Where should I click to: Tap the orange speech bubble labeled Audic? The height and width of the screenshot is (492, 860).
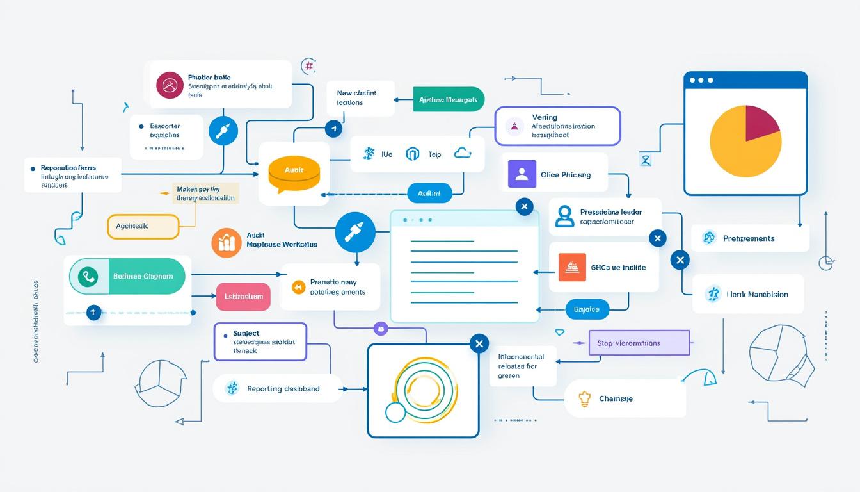(294, 172)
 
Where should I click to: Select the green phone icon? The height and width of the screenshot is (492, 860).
(88, 277)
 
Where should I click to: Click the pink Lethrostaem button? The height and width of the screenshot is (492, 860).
(243, 297)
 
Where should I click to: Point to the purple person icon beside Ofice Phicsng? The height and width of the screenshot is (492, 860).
(522, 174)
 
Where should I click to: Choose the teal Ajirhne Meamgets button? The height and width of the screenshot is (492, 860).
(449, 99)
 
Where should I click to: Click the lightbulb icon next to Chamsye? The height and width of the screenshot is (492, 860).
(583, 398)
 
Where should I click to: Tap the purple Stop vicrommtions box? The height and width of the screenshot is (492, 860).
(638, 343)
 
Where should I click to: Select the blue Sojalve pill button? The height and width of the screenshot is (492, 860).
(586, 309)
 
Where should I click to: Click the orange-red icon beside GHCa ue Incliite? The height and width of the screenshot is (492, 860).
(572, 267)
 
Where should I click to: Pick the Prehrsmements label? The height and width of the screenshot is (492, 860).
(749, 238)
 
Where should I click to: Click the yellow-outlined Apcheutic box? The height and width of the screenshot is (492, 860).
(142, 226)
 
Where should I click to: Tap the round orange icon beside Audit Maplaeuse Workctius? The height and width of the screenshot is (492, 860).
(226, 243)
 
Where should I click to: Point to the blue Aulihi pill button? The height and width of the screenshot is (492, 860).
(429, 193)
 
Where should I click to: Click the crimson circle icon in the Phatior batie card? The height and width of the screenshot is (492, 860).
(170, 85)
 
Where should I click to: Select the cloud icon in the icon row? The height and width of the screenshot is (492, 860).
(462, 152)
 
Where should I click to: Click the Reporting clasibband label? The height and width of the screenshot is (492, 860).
(283, 389)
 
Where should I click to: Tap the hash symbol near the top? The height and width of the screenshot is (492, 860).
(309, 66)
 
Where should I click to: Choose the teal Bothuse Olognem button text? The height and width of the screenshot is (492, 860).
(143, 277)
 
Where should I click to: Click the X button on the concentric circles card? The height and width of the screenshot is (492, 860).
(479, 343)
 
